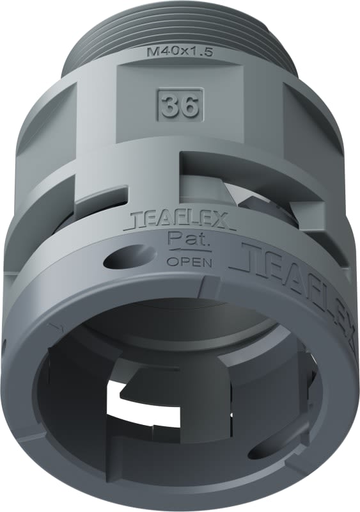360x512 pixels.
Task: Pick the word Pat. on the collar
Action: (183, 240)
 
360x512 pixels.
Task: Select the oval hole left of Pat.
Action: (119, 259)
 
